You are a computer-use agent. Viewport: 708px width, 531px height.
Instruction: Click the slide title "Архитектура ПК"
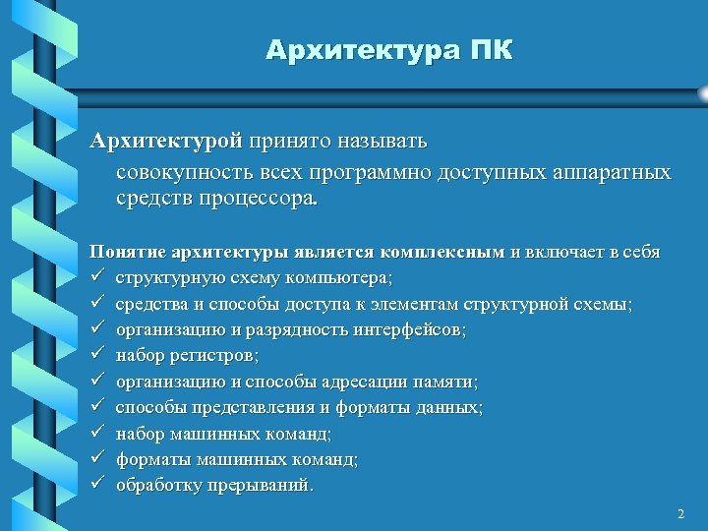coord(388,50)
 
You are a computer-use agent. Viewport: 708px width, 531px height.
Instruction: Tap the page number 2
coord(679,514)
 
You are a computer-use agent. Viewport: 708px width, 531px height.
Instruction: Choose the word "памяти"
coord(443,382)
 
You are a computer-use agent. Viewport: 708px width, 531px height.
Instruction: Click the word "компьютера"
coord(335,278)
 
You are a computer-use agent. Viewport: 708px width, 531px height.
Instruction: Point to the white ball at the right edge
coord(702,93)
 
